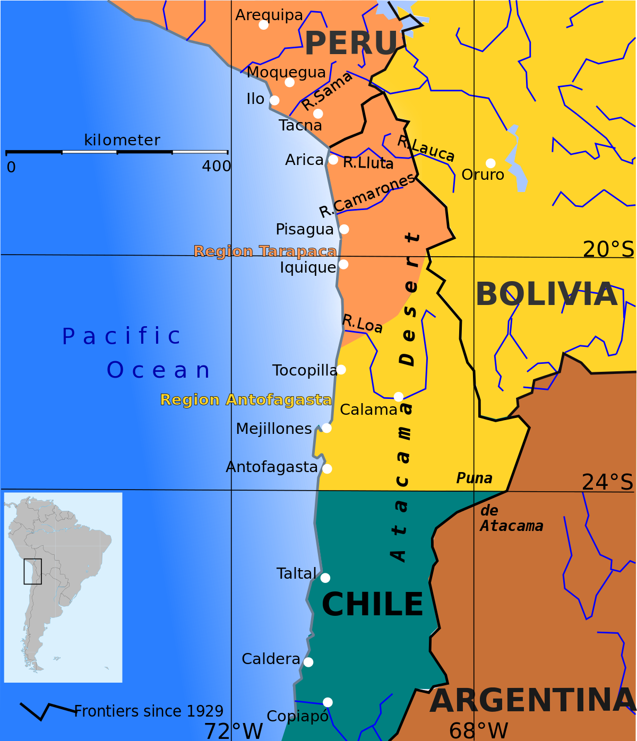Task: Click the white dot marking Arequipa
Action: click(263, 25)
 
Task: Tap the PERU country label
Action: click(351, 43)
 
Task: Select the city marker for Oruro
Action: click(490, 163)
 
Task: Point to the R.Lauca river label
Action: click(426, 149)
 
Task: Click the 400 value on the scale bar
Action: click(216, 167)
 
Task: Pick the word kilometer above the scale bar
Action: click(122, 140)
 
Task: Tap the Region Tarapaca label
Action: click(265, 251)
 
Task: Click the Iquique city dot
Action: click(343, 264)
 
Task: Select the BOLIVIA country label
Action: click(546, 294)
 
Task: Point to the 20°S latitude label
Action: click(608, 249)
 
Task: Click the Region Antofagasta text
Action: click(246, 399)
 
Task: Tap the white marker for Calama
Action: click(399, 397)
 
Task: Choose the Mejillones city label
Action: click(274, 429)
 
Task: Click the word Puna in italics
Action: click(474, 478)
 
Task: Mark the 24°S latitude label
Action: click(608, 482)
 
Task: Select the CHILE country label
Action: click(373, 604)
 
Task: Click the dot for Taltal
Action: click(325, 578)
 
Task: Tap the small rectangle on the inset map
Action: click(32, 571)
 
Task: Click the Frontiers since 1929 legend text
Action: click(149, 711)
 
